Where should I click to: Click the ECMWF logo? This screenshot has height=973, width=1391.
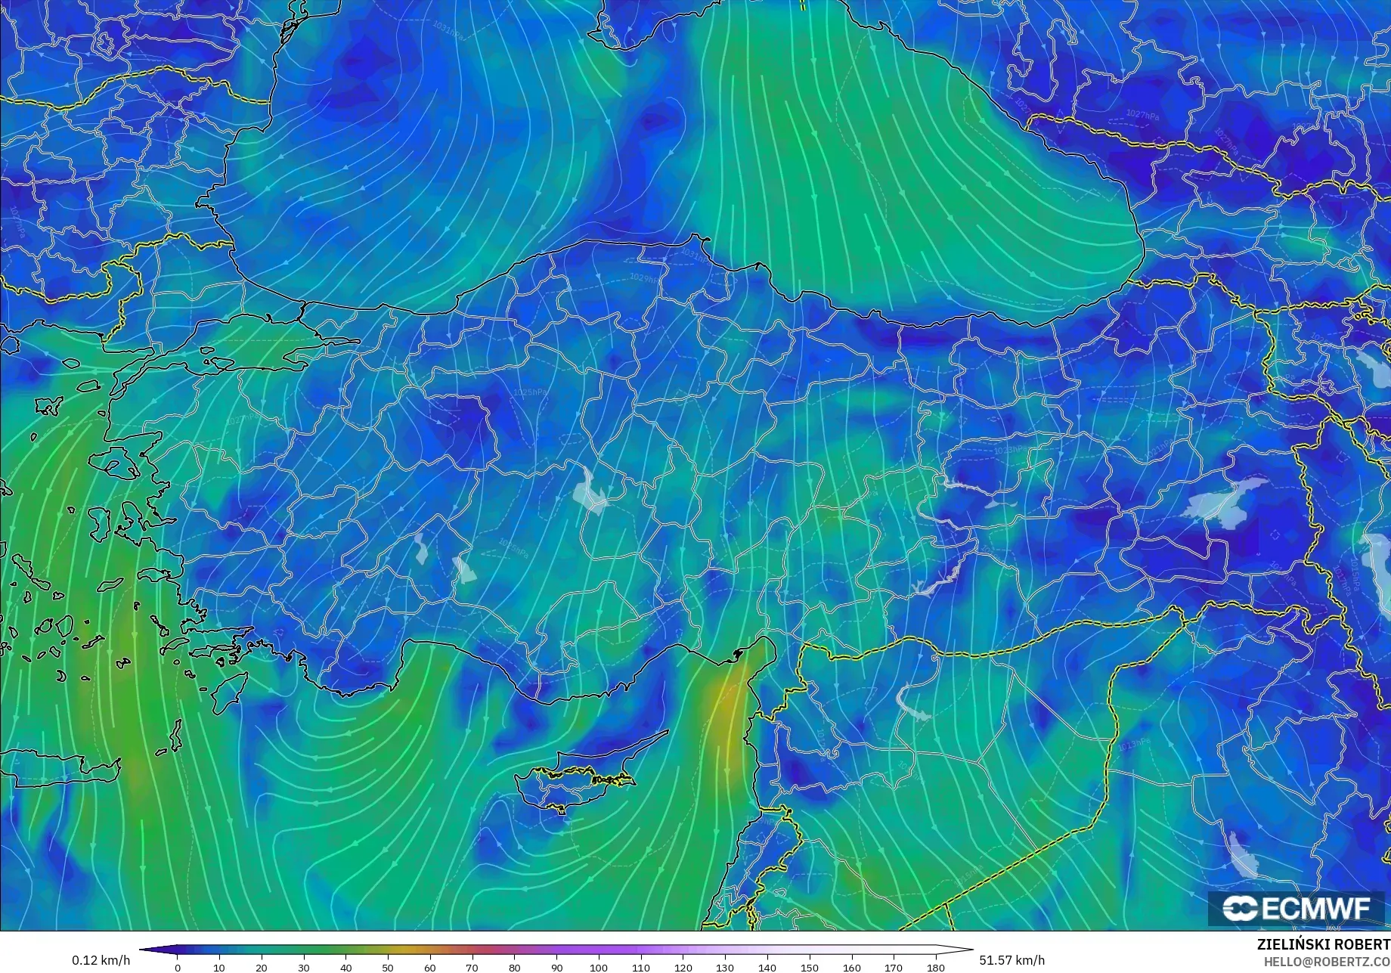point(1296,908)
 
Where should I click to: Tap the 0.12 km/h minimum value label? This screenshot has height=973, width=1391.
point(101,960)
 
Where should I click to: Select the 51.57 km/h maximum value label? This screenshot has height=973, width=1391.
point(1011,960)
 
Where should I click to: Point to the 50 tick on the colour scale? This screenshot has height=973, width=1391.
point(388,967)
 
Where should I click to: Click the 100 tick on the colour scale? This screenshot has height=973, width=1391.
point(599,967)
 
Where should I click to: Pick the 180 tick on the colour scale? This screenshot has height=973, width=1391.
point(936,967)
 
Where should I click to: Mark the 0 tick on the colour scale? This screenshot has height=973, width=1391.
point(178,967)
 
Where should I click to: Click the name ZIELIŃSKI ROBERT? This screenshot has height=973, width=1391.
point(1323,945)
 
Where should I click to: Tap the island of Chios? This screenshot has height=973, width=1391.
point(98,522)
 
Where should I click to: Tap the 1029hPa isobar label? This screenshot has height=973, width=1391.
point(643,278)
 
